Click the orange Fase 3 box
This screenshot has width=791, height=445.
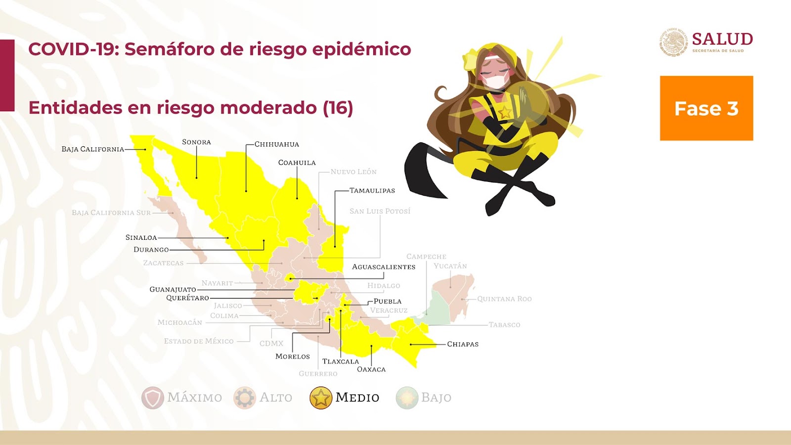pos(706,108)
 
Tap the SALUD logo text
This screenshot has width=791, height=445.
pos(722,39)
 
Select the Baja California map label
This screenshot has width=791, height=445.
pos(93,149)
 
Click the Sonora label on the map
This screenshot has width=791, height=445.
pos(196,142)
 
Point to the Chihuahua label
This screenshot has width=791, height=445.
pos(277,144)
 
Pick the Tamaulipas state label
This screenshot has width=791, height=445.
pos(372,190)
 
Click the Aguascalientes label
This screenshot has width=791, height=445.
pos(384,267)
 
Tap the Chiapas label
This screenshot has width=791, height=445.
pos(463,344)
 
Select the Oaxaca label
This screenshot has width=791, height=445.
pos(371,369)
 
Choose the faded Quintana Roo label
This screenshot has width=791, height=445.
pos(504,299)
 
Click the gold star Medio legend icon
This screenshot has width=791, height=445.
pos(321,398)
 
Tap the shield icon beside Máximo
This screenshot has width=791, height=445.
pos(153,398)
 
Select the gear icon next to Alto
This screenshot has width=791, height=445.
pos(244,398)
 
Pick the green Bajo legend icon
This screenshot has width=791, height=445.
pos(407,398)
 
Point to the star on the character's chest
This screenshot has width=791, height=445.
pos(505,113)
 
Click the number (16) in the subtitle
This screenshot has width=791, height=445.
pos(338,108)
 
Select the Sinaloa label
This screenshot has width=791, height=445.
pos(141,238)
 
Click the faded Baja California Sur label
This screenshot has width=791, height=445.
pos(111,213)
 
